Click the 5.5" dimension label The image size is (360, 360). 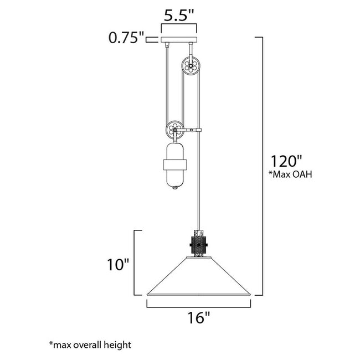pos(179,16)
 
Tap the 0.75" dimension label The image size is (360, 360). pos(126,38)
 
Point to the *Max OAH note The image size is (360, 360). pos(290,174)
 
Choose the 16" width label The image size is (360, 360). pos(199,317)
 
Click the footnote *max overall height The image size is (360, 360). pos(90,345)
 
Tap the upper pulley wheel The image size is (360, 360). pos(191,66)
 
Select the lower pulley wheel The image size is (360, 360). pos(175,130)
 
